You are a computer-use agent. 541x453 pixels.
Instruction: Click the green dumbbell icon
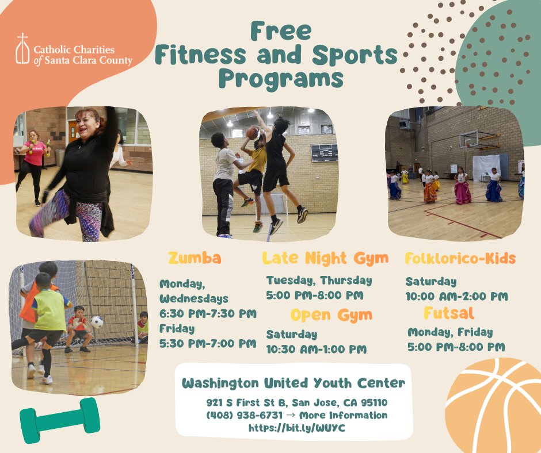(x=60, y=420)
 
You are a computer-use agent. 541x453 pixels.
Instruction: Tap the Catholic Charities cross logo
(x=22, y=49)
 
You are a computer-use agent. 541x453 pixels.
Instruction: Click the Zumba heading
(x=195, y=258)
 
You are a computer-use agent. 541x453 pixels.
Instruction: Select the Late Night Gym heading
(x=325, y=258)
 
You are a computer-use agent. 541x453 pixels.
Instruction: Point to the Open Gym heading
(x=331, y=315)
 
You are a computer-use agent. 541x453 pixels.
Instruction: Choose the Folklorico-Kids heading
(x=460, y=258)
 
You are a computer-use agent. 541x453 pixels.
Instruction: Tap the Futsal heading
(x=449, y=313)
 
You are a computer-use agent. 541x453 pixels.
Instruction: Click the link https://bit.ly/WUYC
(x=297, y=428)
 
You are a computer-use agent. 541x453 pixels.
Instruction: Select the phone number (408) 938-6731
(x=245, y=415)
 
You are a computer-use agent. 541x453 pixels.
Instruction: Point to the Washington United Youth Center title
(x=294, y=383)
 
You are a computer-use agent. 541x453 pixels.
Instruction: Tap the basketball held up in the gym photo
(x=252, y=133)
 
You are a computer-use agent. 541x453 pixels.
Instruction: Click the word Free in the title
(x=281, y=31)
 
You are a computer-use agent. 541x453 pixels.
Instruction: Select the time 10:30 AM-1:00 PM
(x=316, y=349)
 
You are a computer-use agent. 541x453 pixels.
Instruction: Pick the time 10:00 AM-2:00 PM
(x=456, y=297)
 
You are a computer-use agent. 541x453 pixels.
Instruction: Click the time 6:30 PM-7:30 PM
(x=208, y=313)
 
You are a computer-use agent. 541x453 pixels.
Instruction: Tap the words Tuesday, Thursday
(x=319, y=281)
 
